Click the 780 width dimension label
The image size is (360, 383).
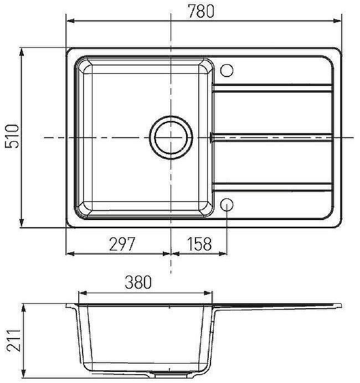coord(200,11)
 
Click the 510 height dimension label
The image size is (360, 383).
coord(12,137)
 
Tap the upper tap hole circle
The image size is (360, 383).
coord(227,70)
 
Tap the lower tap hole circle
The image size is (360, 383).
coord(227,204)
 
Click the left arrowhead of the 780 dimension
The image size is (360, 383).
coord(70,21)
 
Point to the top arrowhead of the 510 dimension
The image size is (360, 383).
coord(22,52)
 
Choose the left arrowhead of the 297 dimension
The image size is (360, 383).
coord(70,254)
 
